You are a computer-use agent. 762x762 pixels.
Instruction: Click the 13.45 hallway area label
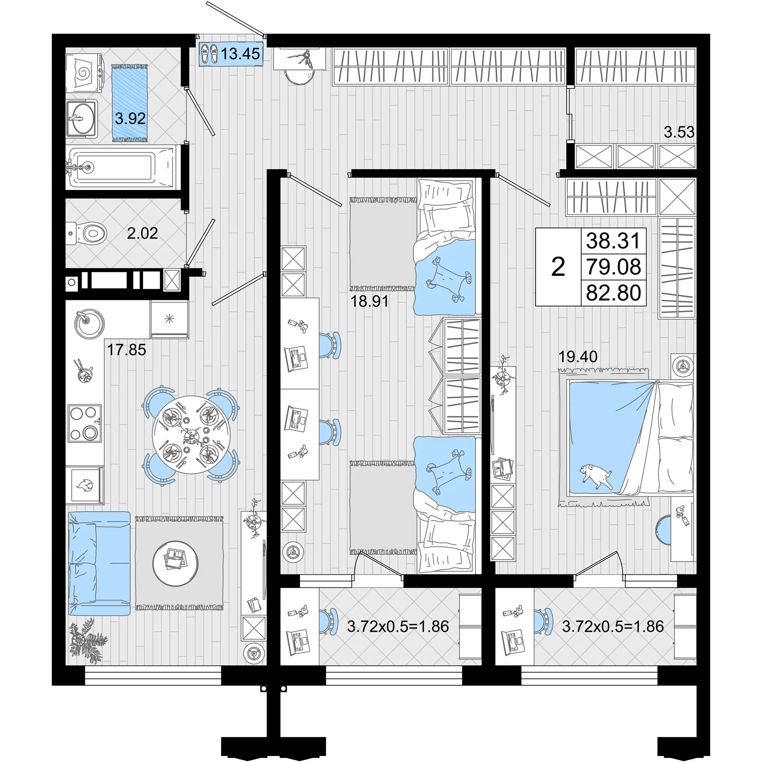240,53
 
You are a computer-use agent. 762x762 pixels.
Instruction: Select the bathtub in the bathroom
120,168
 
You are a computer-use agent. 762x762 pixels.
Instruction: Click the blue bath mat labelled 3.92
130,103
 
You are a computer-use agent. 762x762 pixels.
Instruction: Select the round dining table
191,435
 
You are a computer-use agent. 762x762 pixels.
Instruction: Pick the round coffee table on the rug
176,563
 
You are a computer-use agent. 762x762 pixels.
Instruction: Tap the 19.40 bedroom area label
578,357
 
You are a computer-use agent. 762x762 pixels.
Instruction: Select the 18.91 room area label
370,302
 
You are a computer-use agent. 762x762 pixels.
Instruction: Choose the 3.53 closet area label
679,132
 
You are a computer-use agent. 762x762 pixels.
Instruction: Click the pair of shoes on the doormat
210,53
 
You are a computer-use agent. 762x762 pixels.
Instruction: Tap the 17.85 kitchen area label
126,350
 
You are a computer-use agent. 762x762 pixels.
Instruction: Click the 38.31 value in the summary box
613,241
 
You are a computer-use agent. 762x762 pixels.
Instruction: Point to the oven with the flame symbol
85,485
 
